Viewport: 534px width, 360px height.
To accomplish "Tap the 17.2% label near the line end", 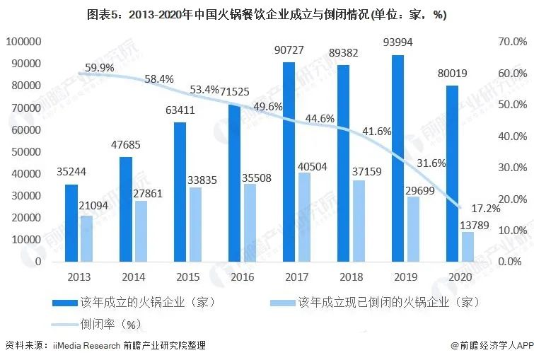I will (487, 209).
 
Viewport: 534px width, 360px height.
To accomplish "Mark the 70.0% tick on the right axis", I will (513, 42).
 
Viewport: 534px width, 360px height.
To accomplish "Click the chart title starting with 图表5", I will (267, 14).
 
